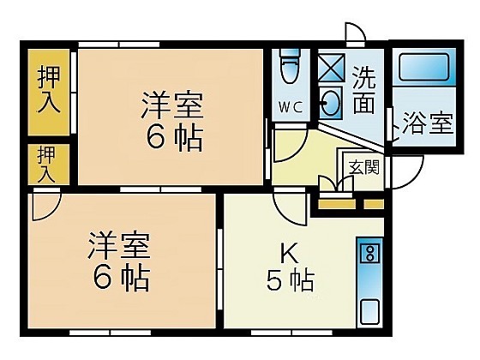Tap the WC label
[x=291, y=107]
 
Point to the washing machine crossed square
[x=331, y=68]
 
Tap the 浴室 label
[x=428, y=123]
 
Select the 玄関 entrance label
[x=364, y=167]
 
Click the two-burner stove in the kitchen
[x=370, y=253]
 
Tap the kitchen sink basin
[x=369, y=311]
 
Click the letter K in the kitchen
[x=289, y=254]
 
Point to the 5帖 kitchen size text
[x=290, y=280]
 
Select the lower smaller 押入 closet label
[x=46, y=164]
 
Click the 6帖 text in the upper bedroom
[x=174, y=137]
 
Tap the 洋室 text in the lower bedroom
[x=119, y=246]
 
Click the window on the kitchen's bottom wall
[x=291, y=333]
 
